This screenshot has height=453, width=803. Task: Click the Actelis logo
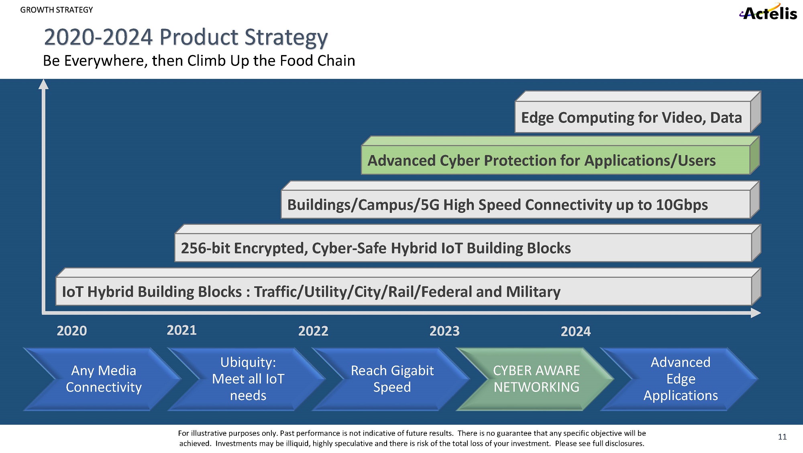[x=768, y=12]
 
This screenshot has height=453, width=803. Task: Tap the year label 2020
[x=72, y=331]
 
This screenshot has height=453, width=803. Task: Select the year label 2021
[x=181, y=330]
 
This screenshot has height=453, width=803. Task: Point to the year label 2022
[x=313, y=331]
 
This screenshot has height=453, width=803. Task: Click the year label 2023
[x=444, y=331]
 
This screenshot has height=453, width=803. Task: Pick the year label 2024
[x=576, y=331]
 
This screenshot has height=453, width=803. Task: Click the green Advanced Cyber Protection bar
[x=555, y=160]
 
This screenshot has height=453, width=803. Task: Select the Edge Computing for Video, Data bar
[x=632, y=117]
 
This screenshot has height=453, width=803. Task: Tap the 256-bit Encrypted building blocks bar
[x=463, y=248]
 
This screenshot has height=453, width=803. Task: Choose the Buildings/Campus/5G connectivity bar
[x=515, y=204]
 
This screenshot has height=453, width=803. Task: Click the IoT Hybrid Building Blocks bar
[x=403, y=291]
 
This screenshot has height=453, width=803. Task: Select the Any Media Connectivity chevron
[x=104, y=379]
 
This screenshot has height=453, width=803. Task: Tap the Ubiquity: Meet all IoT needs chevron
[x=248, y=379]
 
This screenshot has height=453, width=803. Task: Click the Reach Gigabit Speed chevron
[x=392, y=379]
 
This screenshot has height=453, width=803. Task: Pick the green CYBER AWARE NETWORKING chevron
[x=536, y=379]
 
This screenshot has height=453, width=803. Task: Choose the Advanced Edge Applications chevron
[x=681, y=379]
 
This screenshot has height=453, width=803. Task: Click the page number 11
[x=782, y=437]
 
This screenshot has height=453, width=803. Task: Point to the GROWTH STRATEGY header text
[x=56, y=10]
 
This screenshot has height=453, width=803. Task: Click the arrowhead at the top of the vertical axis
[x=43, y=84]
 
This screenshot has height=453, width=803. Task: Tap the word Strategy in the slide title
[x=286, y=37]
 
